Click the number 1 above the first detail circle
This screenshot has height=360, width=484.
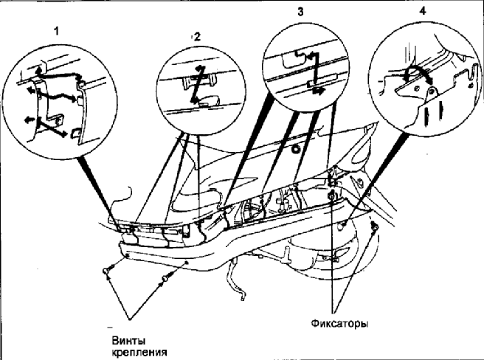(55, 32)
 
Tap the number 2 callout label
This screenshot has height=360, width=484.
(196, 35)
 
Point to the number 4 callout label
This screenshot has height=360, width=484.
(422, 13)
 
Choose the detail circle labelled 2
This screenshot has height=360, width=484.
(198, 89)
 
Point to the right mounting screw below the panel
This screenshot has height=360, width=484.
(163, 278)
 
